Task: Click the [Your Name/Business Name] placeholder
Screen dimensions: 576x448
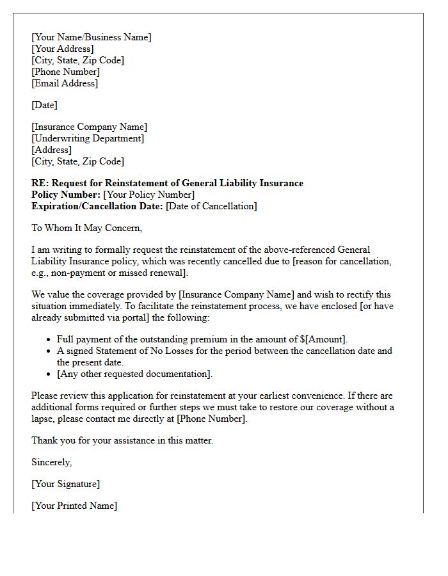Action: pos(92,37)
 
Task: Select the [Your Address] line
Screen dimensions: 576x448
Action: pos(63,49)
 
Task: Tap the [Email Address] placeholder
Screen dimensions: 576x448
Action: pos(65,83)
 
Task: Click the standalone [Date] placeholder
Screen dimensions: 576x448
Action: pos(45,105)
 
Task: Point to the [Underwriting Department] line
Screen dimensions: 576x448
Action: pos(88,138)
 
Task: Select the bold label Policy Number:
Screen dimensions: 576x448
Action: pos(66,195)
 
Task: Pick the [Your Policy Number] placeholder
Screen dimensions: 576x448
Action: pos(148,195)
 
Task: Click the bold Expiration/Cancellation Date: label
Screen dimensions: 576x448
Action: pos(97,206)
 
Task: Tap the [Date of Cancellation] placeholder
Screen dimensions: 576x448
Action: pos(211,206)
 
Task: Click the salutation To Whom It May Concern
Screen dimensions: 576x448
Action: pos(86,228)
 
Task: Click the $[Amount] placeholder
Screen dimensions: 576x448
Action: pos(323,339)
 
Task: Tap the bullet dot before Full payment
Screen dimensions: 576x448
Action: pos(49,340)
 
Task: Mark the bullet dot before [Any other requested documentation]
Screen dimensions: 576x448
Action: pos(49,374)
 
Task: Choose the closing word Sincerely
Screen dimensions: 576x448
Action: pos(52,462)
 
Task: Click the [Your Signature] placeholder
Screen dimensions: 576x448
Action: pos(65,484)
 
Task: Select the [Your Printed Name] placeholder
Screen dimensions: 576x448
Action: pos(74,506)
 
